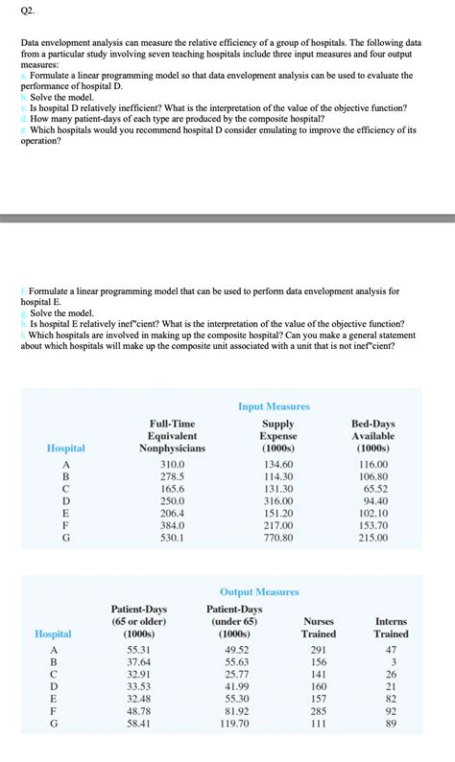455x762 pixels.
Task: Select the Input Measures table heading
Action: click(x=274, y=406)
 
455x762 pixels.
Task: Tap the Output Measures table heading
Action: click(x=259, y=591)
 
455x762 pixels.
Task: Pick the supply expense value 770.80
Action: click(x=277, y=538)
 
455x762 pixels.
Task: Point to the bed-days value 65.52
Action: click(x=372, y=488)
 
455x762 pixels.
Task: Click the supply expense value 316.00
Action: click(x=277, y=500)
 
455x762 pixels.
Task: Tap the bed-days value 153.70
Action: click(x=372, y=525)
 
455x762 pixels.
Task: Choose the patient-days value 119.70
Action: click(x=233, y=724)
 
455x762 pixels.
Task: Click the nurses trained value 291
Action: click(x=319, y=650)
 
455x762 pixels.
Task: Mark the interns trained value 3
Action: click(x=391, y=662)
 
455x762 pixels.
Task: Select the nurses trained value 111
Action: click(x=319, y=724)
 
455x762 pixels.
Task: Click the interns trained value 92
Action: click(x=391, y=711)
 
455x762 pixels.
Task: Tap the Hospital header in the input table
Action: click(x=65, y=448)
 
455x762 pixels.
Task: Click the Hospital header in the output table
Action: click(x=53, y=634)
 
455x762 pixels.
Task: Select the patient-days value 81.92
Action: click(x=233, y=711)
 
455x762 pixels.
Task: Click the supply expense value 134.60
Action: click(x=277, y=464)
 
